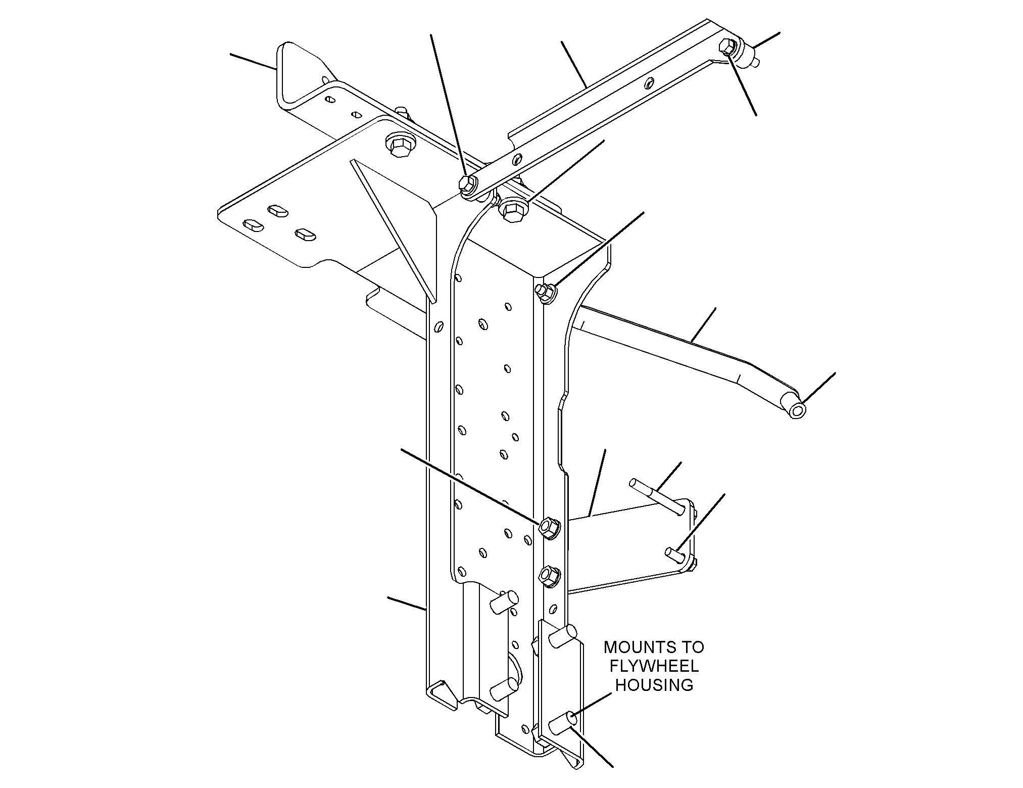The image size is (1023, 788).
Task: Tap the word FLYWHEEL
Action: (654, 666)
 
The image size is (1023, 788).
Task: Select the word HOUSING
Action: (654, 685)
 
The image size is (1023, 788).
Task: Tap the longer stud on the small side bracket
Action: (657, 496)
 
